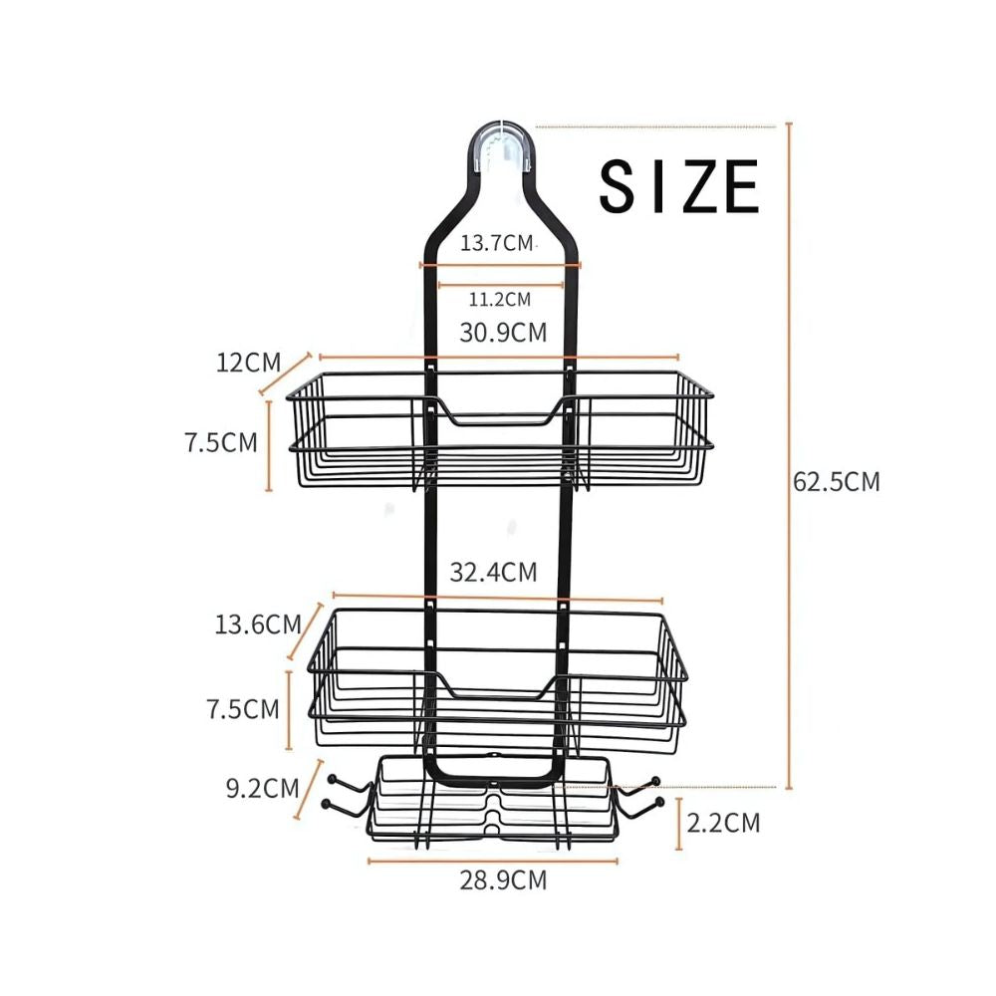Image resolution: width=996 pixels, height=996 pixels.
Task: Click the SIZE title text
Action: pos(679,186)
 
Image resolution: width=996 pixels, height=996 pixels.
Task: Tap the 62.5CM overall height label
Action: pos(837,482)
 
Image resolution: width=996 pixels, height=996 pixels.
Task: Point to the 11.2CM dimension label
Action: pos(500,298)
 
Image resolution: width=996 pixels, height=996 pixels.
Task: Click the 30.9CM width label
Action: pos(503,333)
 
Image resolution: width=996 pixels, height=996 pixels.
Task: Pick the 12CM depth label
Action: pos(249,362)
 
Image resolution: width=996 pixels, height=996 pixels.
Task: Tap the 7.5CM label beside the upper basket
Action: pos(220,442)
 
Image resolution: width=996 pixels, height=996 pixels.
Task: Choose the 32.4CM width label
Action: pos(493,572)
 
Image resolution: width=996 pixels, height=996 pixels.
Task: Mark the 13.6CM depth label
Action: pos(257,624)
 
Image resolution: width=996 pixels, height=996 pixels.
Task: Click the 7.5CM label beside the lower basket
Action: pos(241,709)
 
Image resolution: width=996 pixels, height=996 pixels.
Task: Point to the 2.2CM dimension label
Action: pos(723,823)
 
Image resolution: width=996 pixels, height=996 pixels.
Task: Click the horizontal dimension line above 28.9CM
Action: pos(493,861)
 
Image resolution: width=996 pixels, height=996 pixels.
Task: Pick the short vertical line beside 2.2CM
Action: pos(679,823)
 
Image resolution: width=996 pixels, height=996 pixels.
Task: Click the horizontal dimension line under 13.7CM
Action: pos(500,265)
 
